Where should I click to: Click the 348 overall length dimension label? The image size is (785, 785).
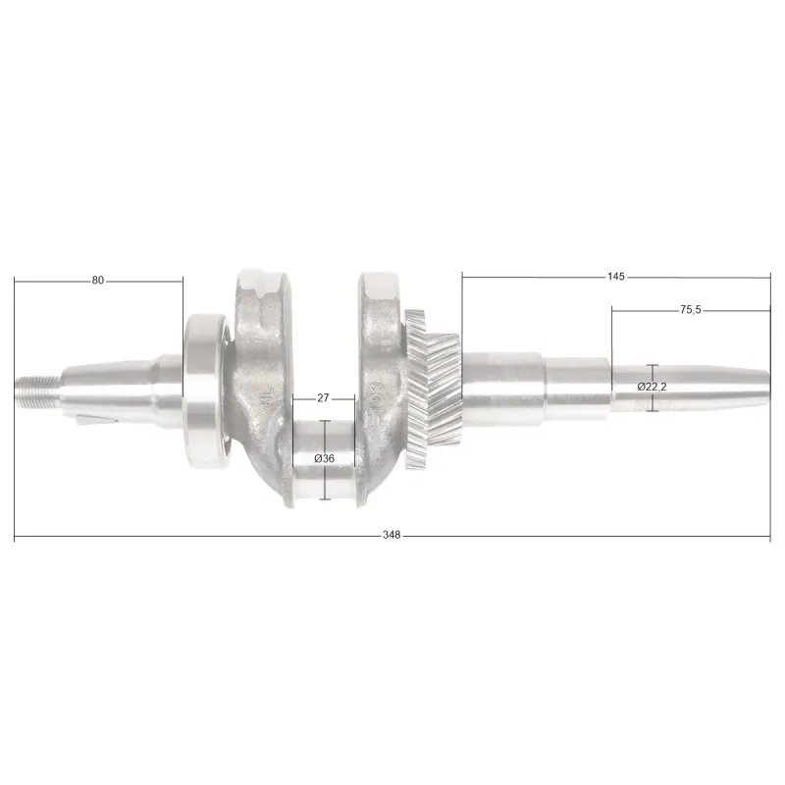coord(392,535)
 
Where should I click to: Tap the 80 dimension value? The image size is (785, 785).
coord(97,281)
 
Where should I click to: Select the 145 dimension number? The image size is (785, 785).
coord(616,277)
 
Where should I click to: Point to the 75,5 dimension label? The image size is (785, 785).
coord(691,310)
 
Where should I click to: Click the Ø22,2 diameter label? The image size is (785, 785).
coord(653,387)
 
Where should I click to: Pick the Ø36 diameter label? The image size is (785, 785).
coord(325,458)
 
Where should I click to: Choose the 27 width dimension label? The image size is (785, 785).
coord(323,397)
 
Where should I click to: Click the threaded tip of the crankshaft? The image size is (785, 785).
coord(38,391)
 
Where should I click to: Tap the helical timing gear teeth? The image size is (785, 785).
coord(434,389)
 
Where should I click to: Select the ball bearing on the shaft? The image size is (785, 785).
coord(206,390)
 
